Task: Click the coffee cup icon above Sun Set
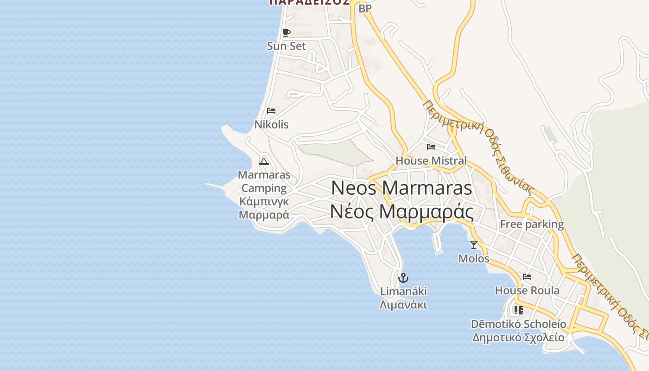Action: (286, 32)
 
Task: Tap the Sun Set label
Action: (286, 46)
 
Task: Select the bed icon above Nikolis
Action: (271, 111)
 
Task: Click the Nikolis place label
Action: (271, 124)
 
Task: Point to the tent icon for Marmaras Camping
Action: (264, 161)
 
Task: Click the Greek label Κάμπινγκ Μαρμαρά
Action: (264, 208)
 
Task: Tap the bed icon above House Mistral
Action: (431, 147)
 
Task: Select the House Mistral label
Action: (431, 160)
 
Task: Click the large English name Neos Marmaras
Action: (401, 188)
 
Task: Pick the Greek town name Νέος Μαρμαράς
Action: (401, 211)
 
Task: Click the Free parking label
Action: (532, 224)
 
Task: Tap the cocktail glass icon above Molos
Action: (473, 244)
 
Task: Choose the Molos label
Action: (473, 258)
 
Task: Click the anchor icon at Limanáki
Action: (403, 278)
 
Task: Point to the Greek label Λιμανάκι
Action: (403, 305)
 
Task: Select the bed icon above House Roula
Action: (527, 277)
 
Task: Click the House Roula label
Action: (527, 290)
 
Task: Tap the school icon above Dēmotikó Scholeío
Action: (518, 310)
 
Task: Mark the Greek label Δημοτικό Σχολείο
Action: (518, 337)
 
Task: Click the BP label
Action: (365, 8)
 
